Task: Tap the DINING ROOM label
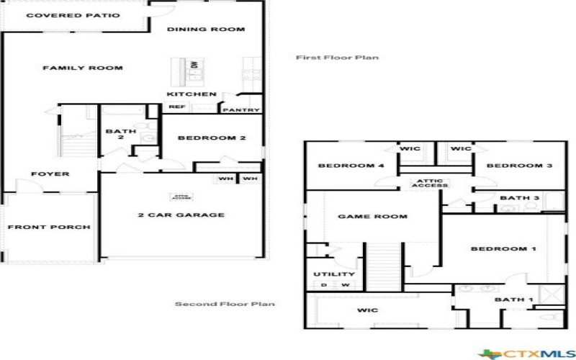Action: point(206,30)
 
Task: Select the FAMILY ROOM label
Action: point(82,68)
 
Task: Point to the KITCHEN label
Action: point(192,94)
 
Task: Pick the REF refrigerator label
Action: point(177,107)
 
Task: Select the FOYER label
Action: point(50,174)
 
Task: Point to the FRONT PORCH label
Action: point(49,228)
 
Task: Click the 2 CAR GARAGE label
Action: point(181,215)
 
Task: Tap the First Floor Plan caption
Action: point(337,58)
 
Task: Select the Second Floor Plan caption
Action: point(225,304)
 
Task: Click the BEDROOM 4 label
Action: point(351,166)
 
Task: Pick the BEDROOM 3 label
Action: point(518,166)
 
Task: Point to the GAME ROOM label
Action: point(372,217)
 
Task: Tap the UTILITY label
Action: point(334,274)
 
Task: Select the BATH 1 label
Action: point(513,300)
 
